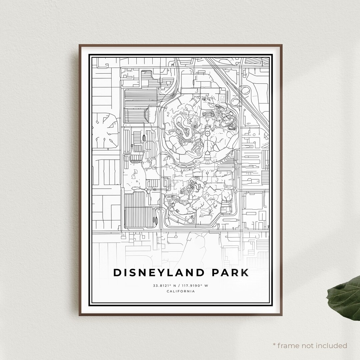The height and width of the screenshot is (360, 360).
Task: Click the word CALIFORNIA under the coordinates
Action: click(x=180, y=291)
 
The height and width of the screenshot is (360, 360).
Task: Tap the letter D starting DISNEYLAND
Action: click(x=117, y=273)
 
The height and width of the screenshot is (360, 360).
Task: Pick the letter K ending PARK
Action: click(x=245, y=273)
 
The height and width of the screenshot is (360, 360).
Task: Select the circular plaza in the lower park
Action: click(x=204, y=183)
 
